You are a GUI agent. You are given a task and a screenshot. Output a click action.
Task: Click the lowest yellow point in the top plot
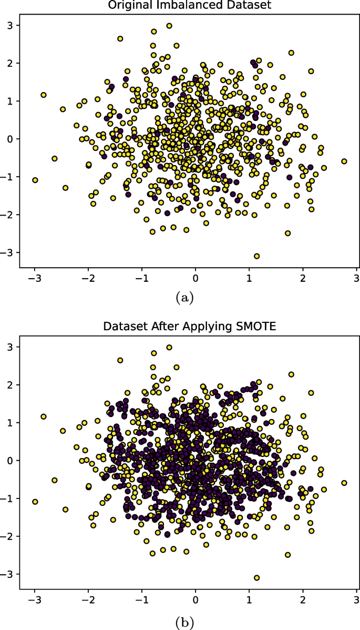click(256, 256)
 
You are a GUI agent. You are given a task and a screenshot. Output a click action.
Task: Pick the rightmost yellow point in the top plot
click(344, 161)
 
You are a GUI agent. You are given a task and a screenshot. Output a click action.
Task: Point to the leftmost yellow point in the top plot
click(35, 180)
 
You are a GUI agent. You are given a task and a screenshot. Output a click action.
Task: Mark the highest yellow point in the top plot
click(169, 26)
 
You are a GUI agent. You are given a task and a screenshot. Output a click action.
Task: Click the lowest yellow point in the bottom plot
click(256, 577)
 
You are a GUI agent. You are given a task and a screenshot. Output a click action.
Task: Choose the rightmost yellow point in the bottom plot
click(344, 483)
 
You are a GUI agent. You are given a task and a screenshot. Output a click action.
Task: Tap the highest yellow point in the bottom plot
click(169, 347)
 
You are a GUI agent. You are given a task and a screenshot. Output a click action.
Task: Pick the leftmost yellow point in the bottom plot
click(35, 502)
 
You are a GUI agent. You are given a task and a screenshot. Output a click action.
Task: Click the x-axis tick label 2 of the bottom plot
click(303, 599)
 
